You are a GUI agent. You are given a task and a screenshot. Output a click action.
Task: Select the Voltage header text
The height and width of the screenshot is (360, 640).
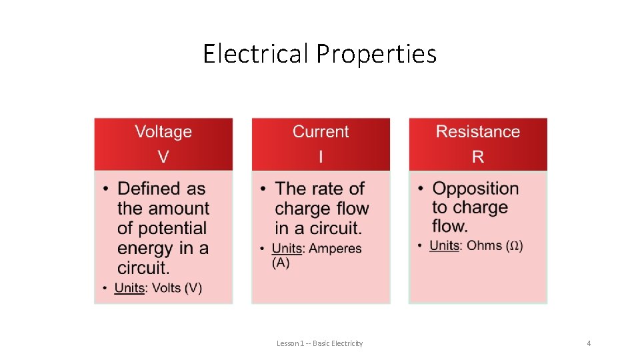163,131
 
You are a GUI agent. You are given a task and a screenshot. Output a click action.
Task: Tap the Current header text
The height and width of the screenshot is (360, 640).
321,131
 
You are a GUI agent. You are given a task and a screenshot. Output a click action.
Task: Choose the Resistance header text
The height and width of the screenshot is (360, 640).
478,131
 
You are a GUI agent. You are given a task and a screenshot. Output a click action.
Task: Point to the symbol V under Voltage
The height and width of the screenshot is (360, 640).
163,157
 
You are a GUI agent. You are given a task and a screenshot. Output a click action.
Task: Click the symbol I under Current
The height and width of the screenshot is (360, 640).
321,157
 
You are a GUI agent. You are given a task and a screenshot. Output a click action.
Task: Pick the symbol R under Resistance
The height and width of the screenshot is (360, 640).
478,157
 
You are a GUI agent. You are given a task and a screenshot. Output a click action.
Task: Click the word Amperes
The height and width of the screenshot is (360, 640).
335,248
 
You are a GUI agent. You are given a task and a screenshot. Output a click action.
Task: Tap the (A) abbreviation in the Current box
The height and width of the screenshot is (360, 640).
281,263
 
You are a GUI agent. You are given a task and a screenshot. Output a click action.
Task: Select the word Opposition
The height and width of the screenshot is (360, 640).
475,189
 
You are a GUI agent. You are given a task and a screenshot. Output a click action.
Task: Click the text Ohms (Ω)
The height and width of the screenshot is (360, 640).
494,245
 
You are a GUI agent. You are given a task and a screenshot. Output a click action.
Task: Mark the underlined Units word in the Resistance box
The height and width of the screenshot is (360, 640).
445,245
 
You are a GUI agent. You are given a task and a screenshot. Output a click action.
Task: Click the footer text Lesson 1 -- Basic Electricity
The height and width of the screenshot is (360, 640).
320,343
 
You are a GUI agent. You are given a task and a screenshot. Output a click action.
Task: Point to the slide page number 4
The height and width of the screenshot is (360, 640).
589,343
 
